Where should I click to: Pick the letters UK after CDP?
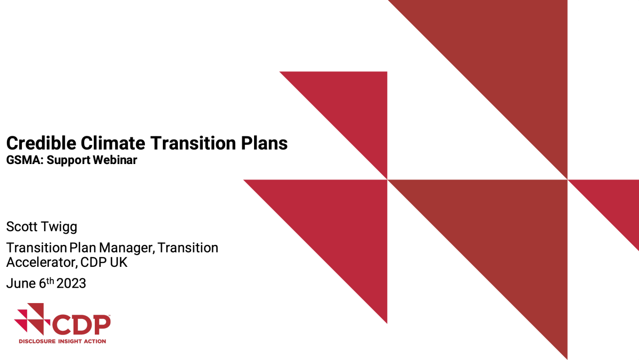[x=118, y=262]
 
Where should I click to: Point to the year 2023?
[x=71, y=284]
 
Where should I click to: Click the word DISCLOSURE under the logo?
[x=38, y=341]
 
